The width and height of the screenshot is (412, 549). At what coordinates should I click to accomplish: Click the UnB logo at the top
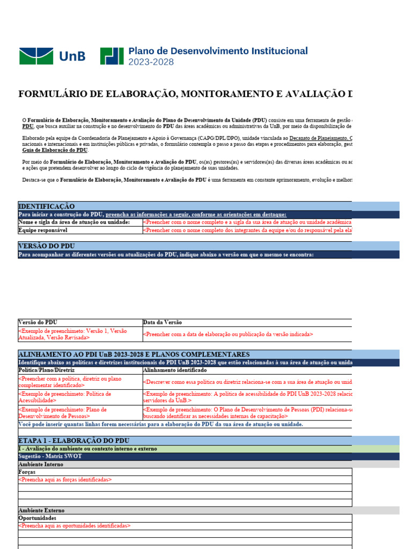pyautogui.click(x=52, y=56)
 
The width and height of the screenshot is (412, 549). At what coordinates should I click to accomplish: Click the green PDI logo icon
pyautogui.click(x=112, y=56)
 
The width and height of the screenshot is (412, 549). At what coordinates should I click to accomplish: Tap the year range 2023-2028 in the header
pyautogui.click(x=151, y=62)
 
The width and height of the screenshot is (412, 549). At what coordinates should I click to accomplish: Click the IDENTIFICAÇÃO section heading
pyautogui.click(x=47, y=206)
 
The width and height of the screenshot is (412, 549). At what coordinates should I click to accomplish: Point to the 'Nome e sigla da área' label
pyautogui.click(x=74, y=222)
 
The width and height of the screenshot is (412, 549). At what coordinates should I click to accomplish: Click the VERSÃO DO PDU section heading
pyautogui.click(x=46, y=246)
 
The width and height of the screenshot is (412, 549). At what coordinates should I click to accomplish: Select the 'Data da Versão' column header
pyautogui.click(x=163, y=322)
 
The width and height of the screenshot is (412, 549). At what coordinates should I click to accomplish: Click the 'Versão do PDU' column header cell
pyautogui.click(x=38, y=322)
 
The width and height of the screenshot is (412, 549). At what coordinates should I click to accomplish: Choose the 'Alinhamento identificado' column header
pyautogui.click(x=175, y=370)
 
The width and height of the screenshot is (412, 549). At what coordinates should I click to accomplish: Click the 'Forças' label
pyautogui.click(x=27, y=472)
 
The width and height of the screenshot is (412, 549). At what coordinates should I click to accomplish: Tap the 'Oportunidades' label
pyautogui.click(x=37, y=518)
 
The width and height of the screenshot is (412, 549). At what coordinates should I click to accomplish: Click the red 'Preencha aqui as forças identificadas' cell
pyautogui.click(x=65, y=480)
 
